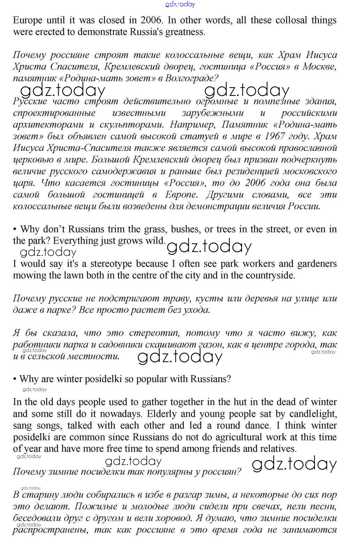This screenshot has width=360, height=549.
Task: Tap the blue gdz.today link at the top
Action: click(180, 4)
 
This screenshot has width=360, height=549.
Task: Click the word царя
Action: click(24, 183)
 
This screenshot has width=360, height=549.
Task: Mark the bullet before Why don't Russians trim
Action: click(15, 229)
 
